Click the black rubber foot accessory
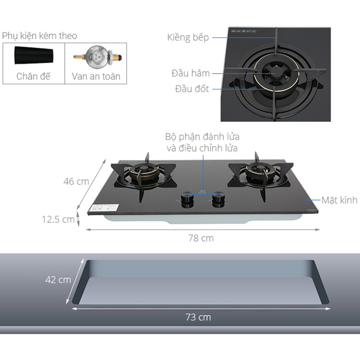[x=34, y=56]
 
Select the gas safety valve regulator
[x=97, y=57]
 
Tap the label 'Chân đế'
[x=33, y=76]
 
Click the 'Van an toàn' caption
[x=96, y=76]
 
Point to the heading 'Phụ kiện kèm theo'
[x=40, y=36]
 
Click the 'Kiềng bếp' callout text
[x=188, y=38]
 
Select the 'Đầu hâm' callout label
[x=191, y=73]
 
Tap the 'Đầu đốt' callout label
[x=192, y=89]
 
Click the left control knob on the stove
[x=187, y=200]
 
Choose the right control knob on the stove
[x=219, y=200]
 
